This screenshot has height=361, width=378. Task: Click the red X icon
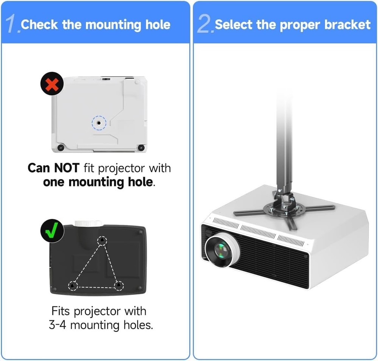click(x=52, y=84)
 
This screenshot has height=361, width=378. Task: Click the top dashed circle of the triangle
click(x=101, y=241)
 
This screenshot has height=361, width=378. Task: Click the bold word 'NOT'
click(x=67, y=168)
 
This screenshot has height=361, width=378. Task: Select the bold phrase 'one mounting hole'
click(x=98, y=182)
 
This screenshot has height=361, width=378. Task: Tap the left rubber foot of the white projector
click(x=60, y=147)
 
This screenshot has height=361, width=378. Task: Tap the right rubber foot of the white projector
click(x=141, y=147)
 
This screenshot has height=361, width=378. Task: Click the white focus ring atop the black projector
click(x=89, y=223)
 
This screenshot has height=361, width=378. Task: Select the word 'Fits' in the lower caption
click(x=61, y=311)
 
